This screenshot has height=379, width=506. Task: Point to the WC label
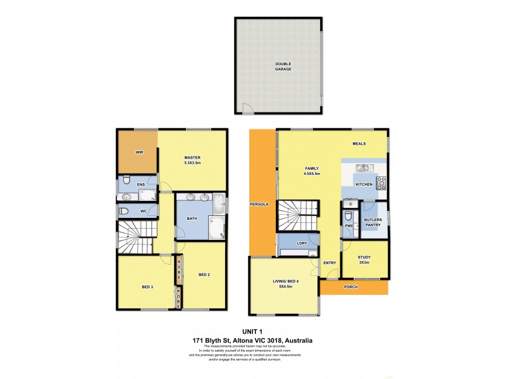pyautogui.click(x=144, y=210)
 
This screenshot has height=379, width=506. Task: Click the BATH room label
pyautogui.click(x=192, y=219)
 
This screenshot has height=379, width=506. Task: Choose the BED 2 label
pyautogui.click(x=204, y=274)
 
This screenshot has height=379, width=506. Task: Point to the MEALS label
pyautogui.click(x=360, y=143)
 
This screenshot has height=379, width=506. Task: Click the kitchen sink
pyautogui.click(x=362, y=167)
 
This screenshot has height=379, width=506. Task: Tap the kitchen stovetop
pyautogui.click(x=381, y=183)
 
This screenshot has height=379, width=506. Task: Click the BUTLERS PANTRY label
pyautogui.click(x=373, y=222)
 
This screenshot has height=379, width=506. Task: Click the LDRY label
pyautogui.click(x=302, y=243)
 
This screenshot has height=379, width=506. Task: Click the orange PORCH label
pyautogui.click(x=351, y=287)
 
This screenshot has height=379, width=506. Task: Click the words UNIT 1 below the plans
pyautogui.click(x=253, y=331)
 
